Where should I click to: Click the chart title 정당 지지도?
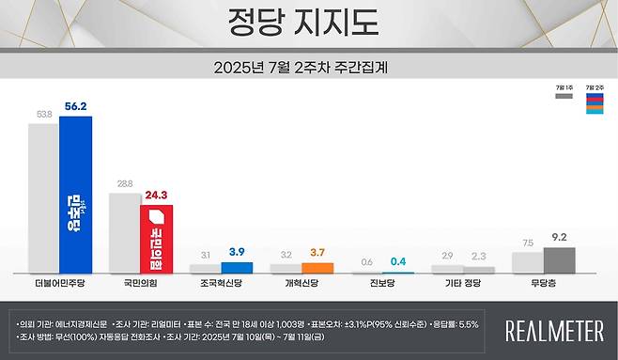tap(309, 22)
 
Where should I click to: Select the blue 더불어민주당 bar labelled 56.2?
tap(75, 194)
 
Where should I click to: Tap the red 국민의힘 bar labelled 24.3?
tap(156, 239)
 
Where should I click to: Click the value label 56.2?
tap(74, 107)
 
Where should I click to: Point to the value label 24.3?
tap(156, 196)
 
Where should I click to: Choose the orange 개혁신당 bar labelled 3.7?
tap(317, 268)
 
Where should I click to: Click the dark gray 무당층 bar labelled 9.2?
tap(560, 260)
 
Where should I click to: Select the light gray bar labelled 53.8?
tap(43, 197)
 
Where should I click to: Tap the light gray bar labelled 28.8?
tap(124, 232)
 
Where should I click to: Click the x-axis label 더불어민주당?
tap(58, 281)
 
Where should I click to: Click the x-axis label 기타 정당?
tap(465, 281)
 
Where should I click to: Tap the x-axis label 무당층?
tap(546, 281)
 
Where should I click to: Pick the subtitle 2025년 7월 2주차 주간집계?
tap(309, 67)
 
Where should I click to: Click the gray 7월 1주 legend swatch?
tap(564, 95)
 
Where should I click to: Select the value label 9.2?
tap(560, 239)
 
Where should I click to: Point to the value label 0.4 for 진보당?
tap(398, 260)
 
